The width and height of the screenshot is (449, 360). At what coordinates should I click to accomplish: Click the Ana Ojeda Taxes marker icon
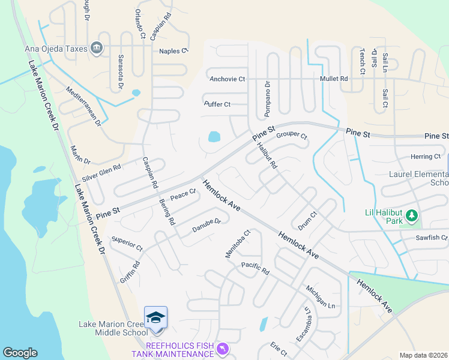click(97, 48)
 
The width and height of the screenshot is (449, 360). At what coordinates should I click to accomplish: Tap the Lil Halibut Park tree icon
click(411, 215)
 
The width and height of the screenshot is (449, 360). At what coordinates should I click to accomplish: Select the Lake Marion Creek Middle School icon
click(155, 318)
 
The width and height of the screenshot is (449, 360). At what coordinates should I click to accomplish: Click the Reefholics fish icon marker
click(223, 348)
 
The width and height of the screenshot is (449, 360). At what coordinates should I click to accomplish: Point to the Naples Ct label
click(173, 51)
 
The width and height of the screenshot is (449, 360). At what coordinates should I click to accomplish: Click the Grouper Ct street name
click(292, 136)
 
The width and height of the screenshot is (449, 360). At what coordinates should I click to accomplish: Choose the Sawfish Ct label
click(432, 238)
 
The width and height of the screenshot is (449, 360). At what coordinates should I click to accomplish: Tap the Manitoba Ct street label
click(237, 243)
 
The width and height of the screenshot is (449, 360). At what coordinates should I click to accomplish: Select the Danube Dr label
click(206, 229)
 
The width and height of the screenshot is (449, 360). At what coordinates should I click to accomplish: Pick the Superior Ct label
click(127, 248)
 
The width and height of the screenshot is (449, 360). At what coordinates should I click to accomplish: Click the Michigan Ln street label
click(321, 297)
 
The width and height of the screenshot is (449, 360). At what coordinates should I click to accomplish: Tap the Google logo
click(20, 353)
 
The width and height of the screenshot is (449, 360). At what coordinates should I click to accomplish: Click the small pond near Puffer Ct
click(214, 137)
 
